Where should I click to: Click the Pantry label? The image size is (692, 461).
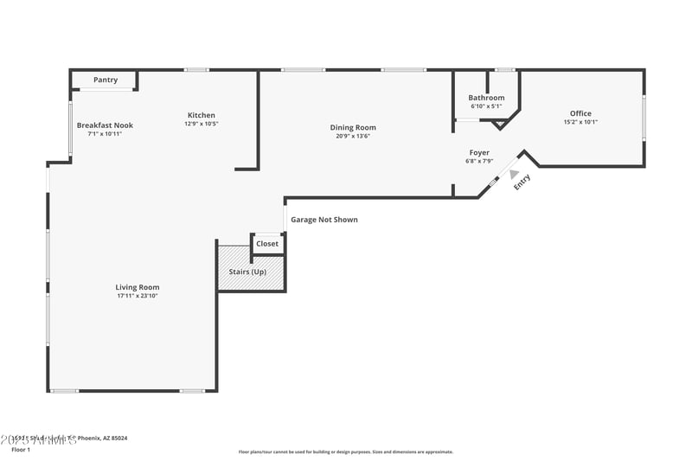coord(106,80)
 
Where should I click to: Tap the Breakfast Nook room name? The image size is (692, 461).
coord(105,125)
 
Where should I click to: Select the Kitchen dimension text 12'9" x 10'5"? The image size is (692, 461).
coord(202,124)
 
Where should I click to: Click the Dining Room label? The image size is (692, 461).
coord(353,127)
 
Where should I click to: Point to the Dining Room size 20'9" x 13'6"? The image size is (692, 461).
coord(353,136)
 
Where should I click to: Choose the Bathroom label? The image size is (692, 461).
coord(486,98)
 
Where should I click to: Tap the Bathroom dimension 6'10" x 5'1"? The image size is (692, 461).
coord(486,106)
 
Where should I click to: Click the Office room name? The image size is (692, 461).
coord(580,113)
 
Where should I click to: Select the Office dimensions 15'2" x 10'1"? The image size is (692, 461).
coord(580,122)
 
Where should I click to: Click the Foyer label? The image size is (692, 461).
coord(479,152)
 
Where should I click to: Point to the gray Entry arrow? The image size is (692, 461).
coord(514,174)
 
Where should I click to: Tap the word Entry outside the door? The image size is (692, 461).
coord(522,182)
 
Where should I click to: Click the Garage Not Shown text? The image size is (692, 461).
coord(324,220)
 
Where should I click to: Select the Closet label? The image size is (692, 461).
coord(267,244)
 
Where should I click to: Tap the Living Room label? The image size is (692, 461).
coord(138,287)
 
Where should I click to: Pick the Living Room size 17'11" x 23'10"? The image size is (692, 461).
coord(138,296)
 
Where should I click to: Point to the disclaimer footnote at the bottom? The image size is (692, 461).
coord(346,451)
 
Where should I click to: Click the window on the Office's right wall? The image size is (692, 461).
coord(644,117)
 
